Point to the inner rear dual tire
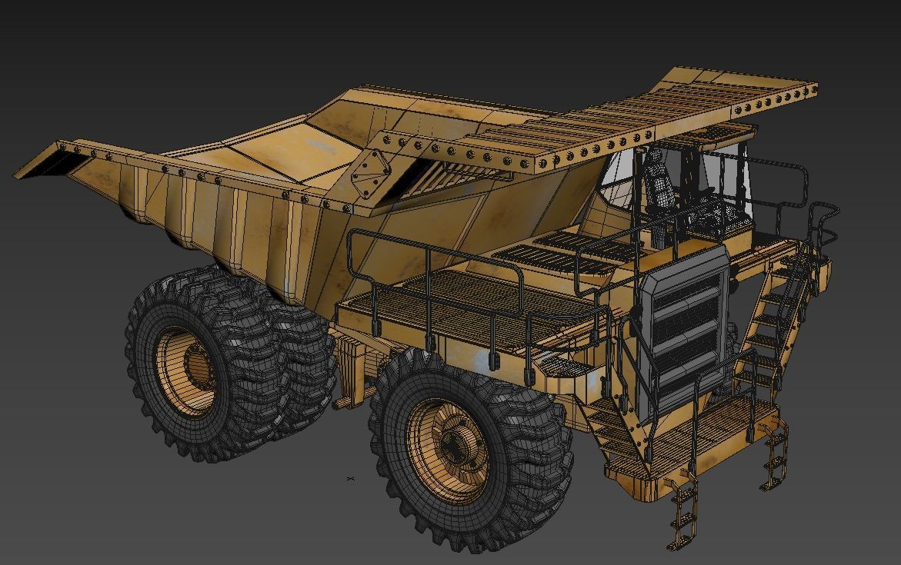tap(304, 361)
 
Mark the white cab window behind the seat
tap(619, 177)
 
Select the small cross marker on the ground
tap(351, 479)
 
